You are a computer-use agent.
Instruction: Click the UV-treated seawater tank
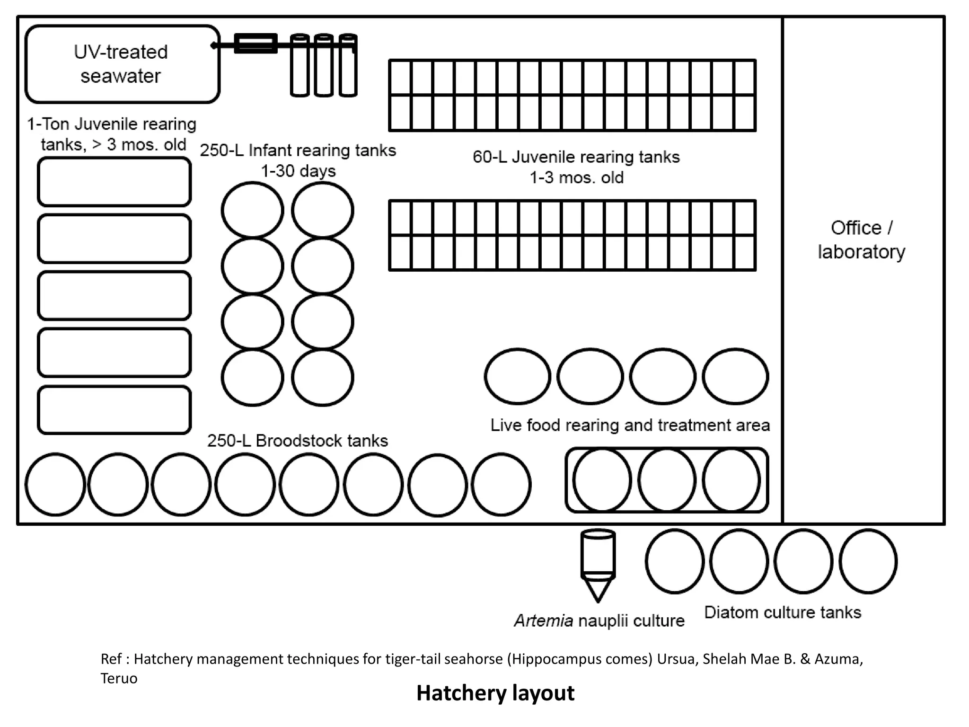point(122,64)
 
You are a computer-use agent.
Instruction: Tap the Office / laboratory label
point(861,239)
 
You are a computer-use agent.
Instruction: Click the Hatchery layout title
point(495,693)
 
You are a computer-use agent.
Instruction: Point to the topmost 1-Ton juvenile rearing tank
point(114,182)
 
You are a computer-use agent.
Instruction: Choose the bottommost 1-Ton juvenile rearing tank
point(114,410)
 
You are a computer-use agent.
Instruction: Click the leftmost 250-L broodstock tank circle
point(55,484)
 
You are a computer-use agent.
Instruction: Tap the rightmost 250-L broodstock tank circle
point(501,484)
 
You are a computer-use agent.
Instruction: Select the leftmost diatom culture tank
point(674,561)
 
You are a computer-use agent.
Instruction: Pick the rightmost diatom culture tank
point(868,561)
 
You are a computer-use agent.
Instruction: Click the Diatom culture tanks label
point(783,612)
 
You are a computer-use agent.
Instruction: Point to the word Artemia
point(543,621)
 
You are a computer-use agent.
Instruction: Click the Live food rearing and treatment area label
point(630,425)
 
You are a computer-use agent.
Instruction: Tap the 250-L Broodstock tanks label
point(298,441)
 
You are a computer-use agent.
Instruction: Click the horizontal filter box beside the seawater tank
point(255,44)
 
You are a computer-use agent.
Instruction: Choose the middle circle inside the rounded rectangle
point(667,480)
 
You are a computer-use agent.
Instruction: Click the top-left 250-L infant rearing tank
point(252,210)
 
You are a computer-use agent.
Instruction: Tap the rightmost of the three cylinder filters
point(348,65)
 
